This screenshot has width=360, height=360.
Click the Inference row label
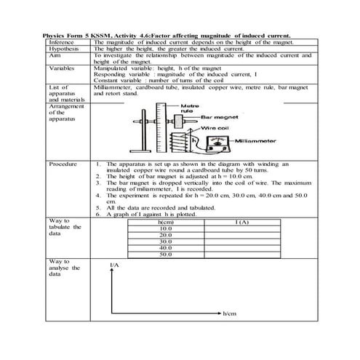(x=61, y=42)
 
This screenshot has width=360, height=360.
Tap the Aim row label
(x=55, y=55)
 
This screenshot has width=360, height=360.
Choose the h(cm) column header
(x=165, y=222)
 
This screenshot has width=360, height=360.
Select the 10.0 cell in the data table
(x=165, y=228)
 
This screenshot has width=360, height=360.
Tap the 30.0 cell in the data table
(x=165, y=241)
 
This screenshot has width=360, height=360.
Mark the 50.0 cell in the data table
(x=165, y=255)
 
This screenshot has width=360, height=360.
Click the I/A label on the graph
(x=114, y=265)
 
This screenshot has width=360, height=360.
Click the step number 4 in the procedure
(x=98, y=196)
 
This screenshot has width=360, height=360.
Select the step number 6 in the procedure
(x=98, y=215)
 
